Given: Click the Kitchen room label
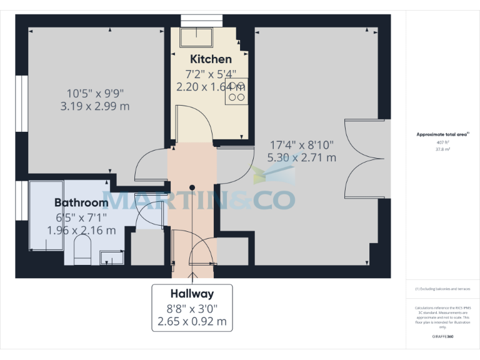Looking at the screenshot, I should point(211,59).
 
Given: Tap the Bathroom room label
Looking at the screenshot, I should point(81,203).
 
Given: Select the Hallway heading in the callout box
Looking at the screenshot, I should point(192,294).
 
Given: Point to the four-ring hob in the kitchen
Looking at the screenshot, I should point(236,91).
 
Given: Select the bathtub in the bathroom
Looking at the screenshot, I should point(46,216).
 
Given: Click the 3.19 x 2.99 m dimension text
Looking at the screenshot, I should point(95,106).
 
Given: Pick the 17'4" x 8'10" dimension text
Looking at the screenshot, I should point(302,144).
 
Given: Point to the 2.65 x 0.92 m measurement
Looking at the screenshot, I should point(192,323).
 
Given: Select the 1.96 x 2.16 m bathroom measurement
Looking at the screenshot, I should point(81,231).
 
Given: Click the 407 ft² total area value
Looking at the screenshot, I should point(443,142).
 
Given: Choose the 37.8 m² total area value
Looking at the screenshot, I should point(443,149).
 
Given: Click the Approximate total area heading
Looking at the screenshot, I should point(443,134).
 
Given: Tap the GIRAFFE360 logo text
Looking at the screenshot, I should point(443,337).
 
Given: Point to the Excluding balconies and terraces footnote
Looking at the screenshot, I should point(443,289).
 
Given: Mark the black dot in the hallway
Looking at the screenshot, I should point(192,187).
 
